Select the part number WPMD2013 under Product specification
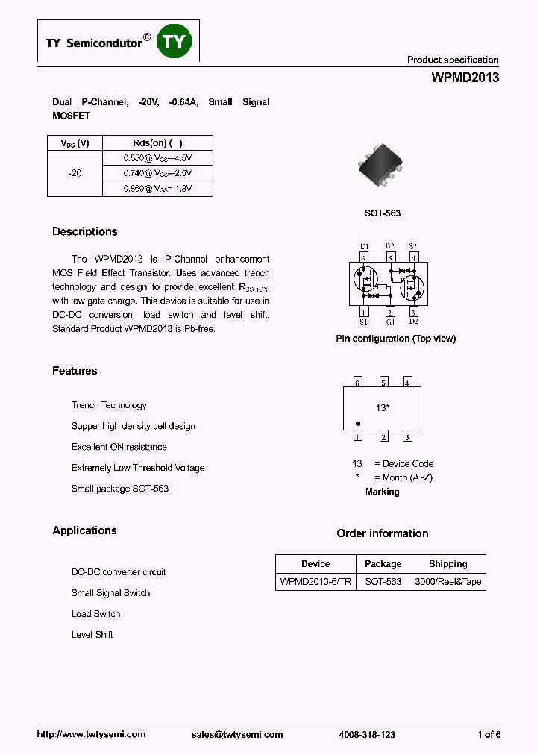[465, 78]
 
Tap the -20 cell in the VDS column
[75, 173]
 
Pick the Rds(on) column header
[157, 143]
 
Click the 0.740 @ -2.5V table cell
[157, 173]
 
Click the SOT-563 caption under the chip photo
[383, 213]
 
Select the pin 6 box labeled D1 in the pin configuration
[364, 258]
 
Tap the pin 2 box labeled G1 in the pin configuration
[389, 313]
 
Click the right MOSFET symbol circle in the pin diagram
[412, 286]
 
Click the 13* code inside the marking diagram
[383, 408]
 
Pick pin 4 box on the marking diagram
[407, 382]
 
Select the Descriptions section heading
[84, 232]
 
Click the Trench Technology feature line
[109, 405]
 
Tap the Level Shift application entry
[92, 635]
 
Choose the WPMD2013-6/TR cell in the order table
[315, 581]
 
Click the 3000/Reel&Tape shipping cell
[447, 581]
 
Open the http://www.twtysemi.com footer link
[91, 735]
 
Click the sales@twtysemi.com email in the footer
[237, 735]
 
